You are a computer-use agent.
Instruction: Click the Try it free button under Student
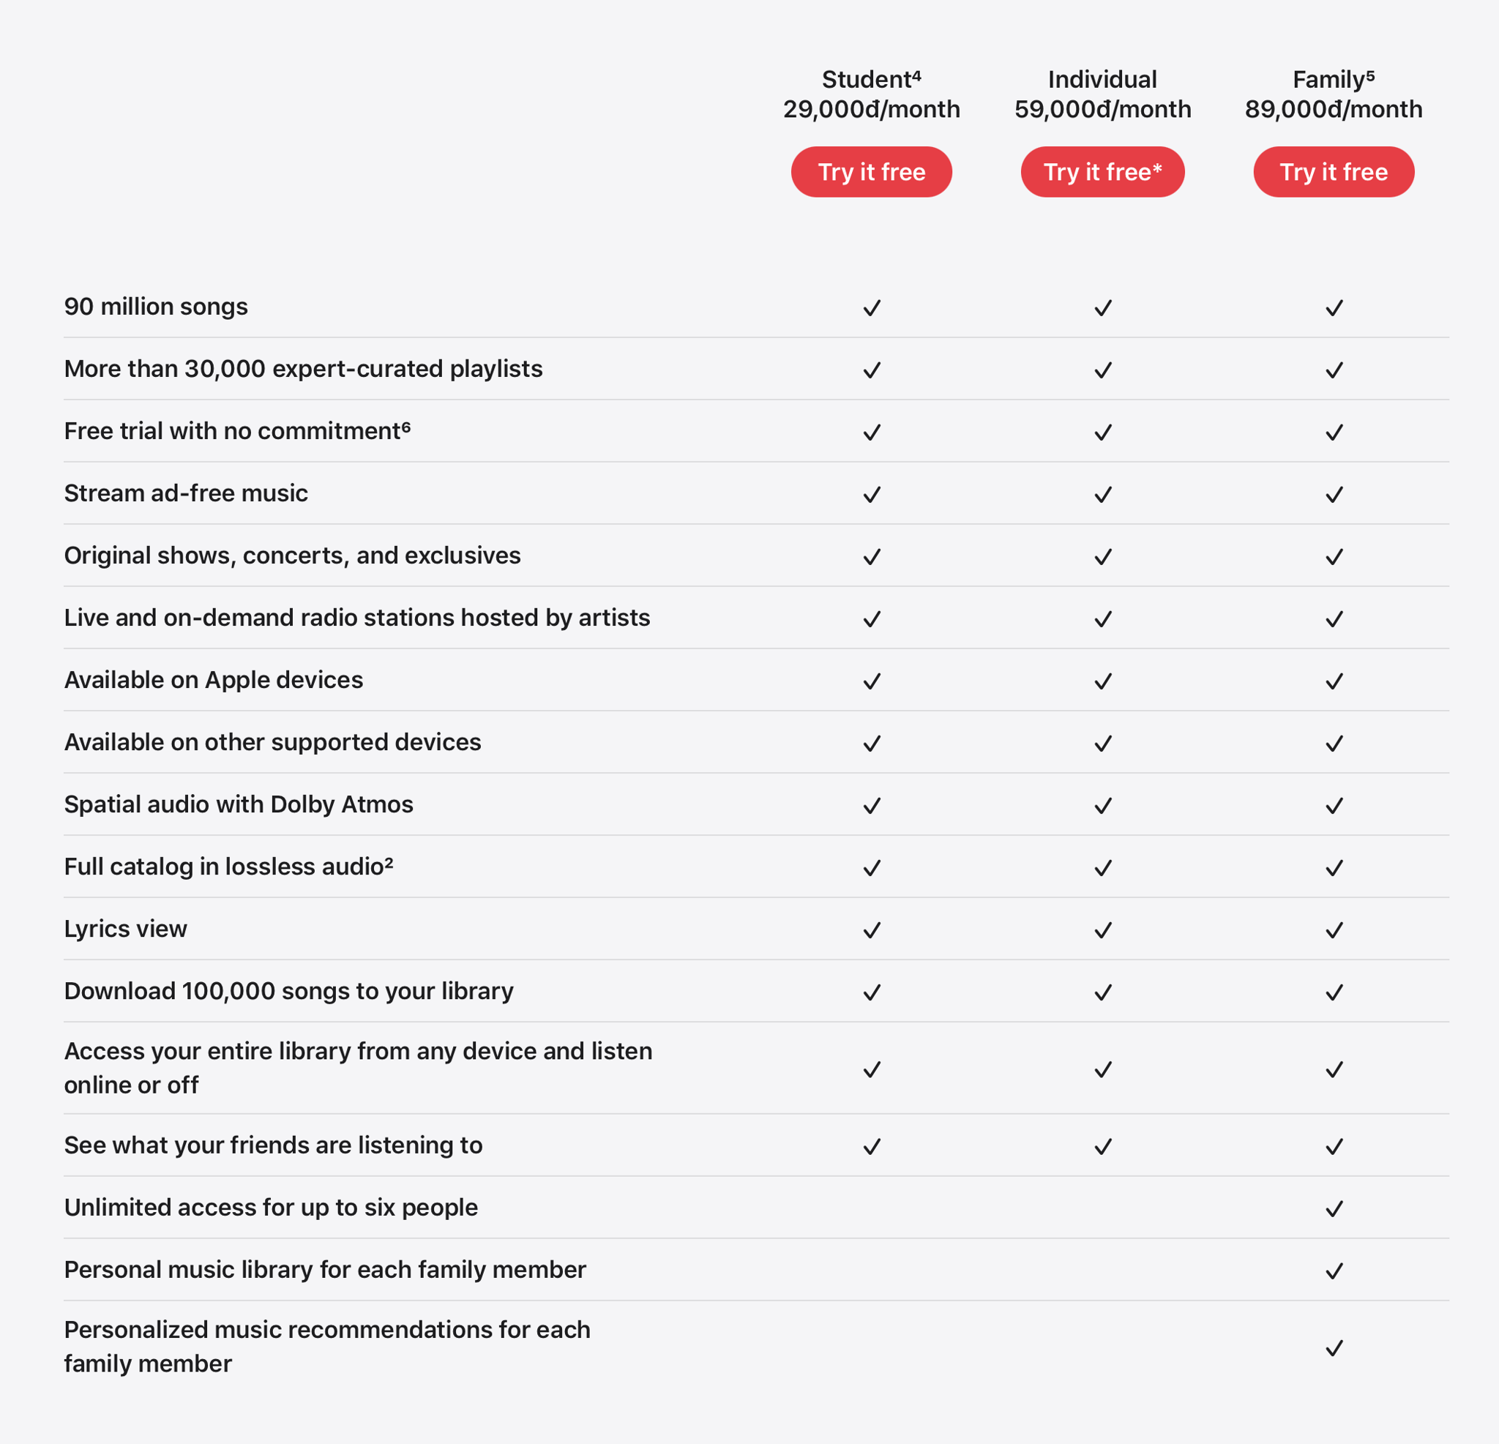(x=871, y=172)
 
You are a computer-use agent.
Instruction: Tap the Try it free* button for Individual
(x=1102, y=172)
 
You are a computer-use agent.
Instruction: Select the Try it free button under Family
(x=1333, y=172)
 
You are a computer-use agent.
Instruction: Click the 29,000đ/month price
(x=871, y=109)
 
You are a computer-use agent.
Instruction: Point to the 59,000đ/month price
(x=1102, y=109)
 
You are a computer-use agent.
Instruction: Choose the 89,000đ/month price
(x=1333, y=109)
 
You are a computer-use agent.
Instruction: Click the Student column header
(x=870, y=80)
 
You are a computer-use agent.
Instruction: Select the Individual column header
(x=1102, y=80)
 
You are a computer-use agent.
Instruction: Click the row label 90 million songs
(x=156, y=307)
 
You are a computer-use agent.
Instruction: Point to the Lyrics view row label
(x=125, y=929)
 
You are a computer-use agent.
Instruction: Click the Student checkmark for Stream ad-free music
(x=872, y=495)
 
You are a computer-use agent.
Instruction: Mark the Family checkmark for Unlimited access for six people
(x=1334, y=1208)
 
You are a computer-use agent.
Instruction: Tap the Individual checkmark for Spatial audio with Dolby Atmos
(x=1103, y=805)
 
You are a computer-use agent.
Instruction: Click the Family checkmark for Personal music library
(x=1334, y=1271)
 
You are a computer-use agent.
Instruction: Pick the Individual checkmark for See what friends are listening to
(x=1103, y=1146)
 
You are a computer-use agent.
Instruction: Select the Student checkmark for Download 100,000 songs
(x=872, y=992)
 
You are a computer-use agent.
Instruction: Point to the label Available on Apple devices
(x=214, y=680)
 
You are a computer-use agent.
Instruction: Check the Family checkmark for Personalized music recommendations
(x=1334, y=1347)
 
